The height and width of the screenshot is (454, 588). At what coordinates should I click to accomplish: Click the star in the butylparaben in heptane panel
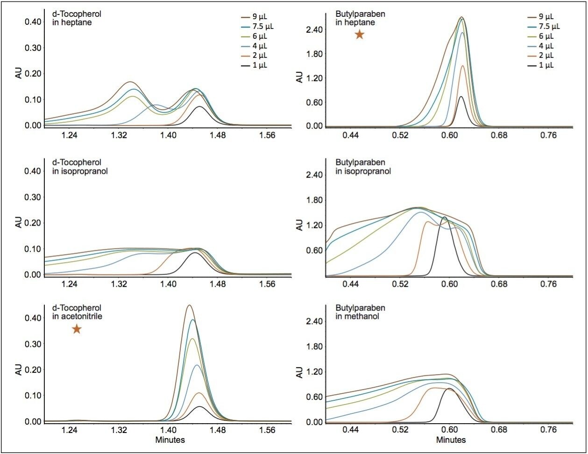(x=359, y=35)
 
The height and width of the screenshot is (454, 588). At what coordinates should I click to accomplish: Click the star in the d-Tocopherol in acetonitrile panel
(x=77, y=329)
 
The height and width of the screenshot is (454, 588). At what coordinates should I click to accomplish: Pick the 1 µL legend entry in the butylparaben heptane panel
(x=544, y=65)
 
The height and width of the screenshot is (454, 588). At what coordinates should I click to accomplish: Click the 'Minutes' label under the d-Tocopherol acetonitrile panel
(x=171, y=440)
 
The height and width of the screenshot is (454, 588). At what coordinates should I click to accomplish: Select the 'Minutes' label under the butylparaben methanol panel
(x=451, y=440)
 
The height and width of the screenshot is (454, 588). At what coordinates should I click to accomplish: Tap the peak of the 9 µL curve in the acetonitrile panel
(x=189, y=305)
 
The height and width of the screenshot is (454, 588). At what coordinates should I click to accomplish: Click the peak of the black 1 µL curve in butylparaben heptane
(x=461, y=96)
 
